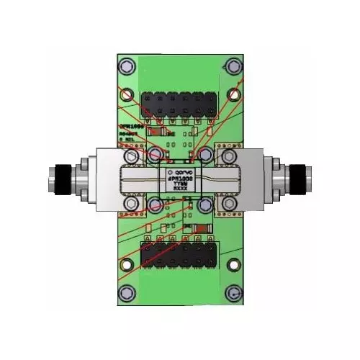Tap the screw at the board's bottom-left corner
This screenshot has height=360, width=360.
pyautogui.click(x=127, y=293)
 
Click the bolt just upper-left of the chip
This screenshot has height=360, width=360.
pyautogui.click(x=154, y=155)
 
